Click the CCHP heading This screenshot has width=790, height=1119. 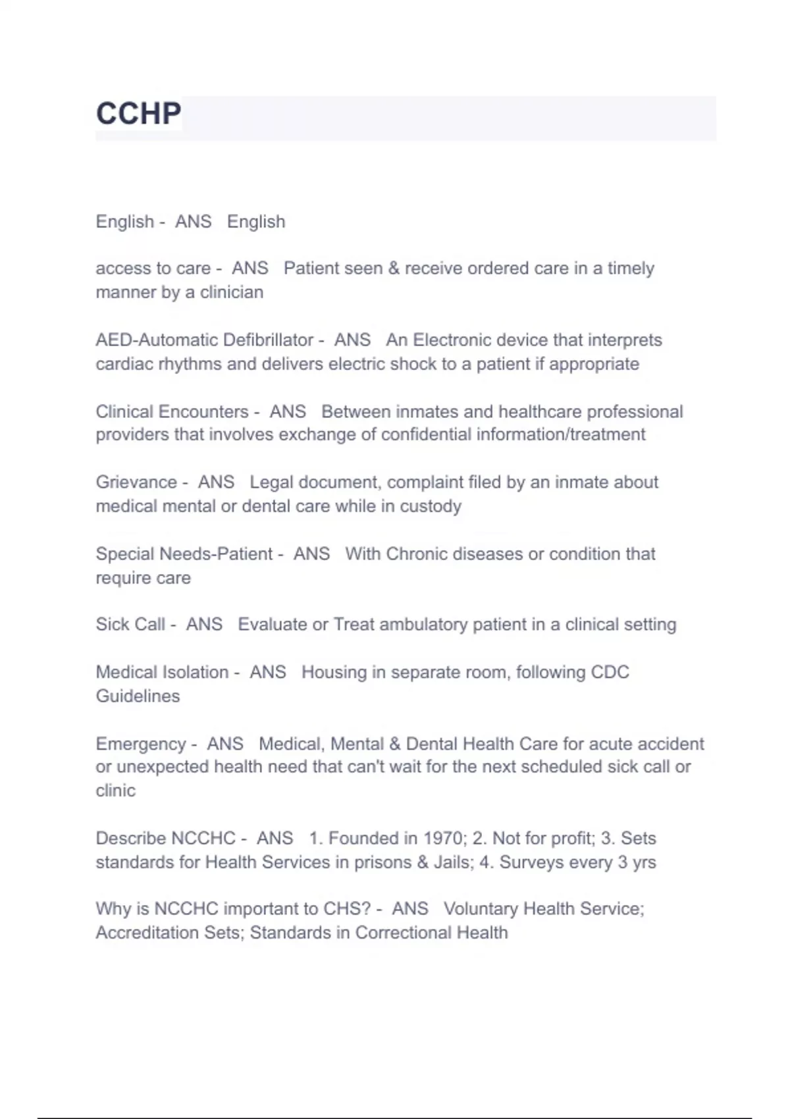[x=138, y=114]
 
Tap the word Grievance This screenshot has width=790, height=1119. [x=136, y=482]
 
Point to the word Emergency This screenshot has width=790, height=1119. [x=141, y=744]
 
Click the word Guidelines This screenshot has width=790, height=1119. [x=138, y=696]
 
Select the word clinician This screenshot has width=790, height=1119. [x=231, y=292]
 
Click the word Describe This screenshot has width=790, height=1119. [x=130, y=839]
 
